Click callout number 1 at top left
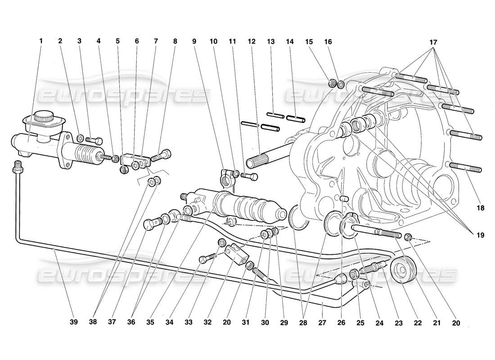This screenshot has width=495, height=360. click(x=41, y=41)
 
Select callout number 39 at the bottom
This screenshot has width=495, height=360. click(x=74, y=322)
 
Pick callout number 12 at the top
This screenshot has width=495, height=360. click(x=251, y=41)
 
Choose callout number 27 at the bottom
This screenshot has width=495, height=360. click(x=323, y=322)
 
